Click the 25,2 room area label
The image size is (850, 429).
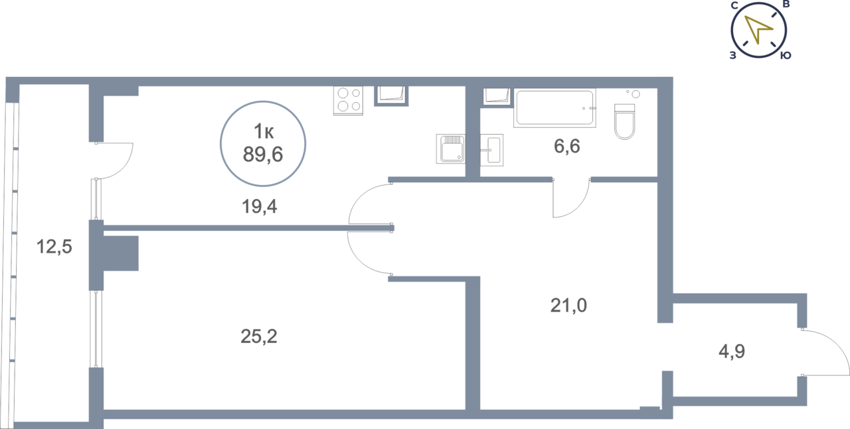pos(258,337)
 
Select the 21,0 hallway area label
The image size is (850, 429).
pos(569,306)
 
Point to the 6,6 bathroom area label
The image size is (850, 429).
pos(567,147)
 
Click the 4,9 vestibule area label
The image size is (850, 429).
pos(732,351)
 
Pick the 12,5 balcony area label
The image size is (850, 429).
pos(54,249)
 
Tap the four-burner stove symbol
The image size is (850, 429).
pos(348,101)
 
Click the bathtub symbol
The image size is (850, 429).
pos(554,108)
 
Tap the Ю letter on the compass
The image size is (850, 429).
pos(786,56)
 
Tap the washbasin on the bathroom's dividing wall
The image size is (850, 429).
pos(492,150)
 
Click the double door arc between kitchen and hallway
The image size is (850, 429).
pos(362,228)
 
